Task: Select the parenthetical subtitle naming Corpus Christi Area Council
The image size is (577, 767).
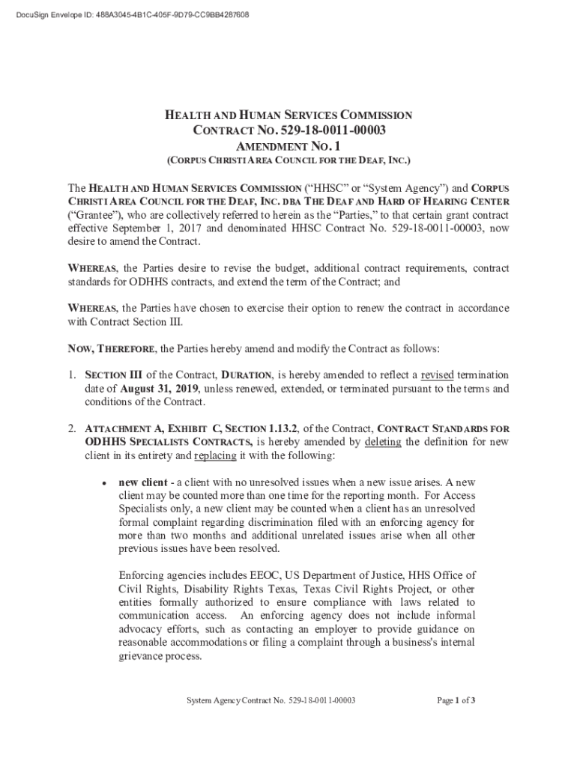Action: point(288,161)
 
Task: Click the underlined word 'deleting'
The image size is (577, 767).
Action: point(384,442)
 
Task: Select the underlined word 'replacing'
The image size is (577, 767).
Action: point(216,455)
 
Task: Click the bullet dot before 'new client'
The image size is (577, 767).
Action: point(106,482)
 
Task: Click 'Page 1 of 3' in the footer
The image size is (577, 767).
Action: point(456,701)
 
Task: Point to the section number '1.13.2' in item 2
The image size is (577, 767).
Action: point(279,428)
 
